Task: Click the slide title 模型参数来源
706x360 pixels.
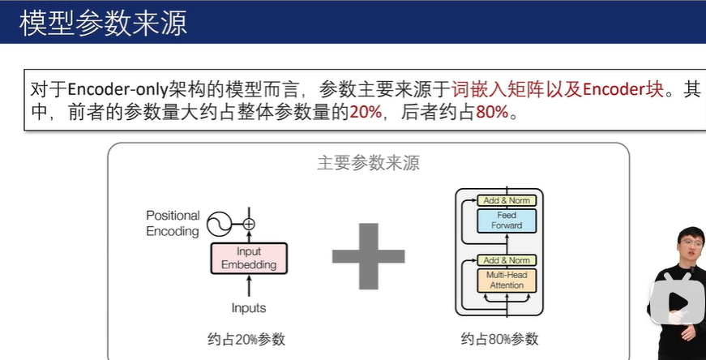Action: click(x=104, y=23)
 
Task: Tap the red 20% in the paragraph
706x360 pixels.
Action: click(x=366, y=113)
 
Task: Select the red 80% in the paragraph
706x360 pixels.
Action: click(x=492, y=113)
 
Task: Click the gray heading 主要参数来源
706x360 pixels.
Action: click(x=368, y=162)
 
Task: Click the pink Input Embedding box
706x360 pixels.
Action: click(x=250, y=259)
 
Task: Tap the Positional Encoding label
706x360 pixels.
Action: click(x=173, y=223)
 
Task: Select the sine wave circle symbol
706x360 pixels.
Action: click(x=217, y=223)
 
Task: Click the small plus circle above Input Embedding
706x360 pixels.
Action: click(x=249, y=224)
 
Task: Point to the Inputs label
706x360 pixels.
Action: click(x=249, y=308)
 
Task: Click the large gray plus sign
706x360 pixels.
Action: click(x=368, y=256)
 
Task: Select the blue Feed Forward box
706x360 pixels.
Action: click(x=507, y=220)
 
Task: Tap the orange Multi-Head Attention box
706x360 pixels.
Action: click(x=507, y=281)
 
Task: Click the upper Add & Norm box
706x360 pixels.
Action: click(x=507, y=200)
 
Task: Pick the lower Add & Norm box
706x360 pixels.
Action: click(x=507, y=260)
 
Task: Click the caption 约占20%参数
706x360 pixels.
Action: click(x=246, y=340)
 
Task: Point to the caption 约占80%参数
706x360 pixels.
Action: click(x=499, y=340)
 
